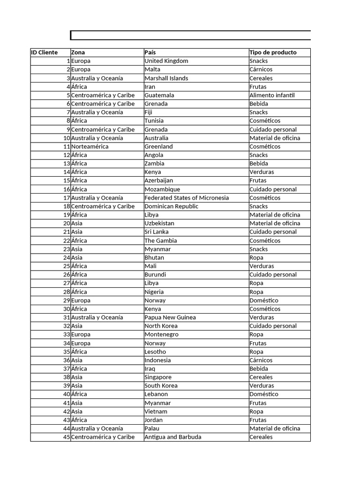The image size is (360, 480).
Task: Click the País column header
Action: click(151, 52)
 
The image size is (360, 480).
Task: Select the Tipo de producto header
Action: click(273, 52)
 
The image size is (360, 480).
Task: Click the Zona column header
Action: click(78, 52)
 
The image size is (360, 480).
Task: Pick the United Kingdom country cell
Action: click(166, 61)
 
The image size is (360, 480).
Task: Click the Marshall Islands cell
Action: click(166, 78)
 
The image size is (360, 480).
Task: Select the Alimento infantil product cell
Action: click(272, 95)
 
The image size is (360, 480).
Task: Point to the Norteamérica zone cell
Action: click(90, 146)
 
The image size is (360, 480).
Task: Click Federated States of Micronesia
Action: click(187, 198)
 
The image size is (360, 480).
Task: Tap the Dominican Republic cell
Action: click(172, 206)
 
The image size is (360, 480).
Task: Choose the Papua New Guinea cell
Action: click(170, 317)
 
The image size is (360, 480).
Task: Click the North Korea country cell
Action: click(162, 326)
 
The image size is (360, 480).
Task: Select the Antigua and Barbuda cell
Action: click(173, 437)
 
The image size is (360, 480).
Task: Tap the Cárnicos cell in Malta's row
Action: click(261, 69)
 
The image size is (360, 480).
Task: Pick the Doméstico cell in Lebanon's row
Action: click(264, 394)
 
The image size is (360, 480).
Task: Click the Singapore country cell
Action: click(158, 377)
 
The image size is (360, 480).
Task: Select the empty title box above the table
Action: click(190, 35)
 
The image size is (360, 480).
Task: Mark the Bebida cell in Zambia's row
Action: click(259, 164)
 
